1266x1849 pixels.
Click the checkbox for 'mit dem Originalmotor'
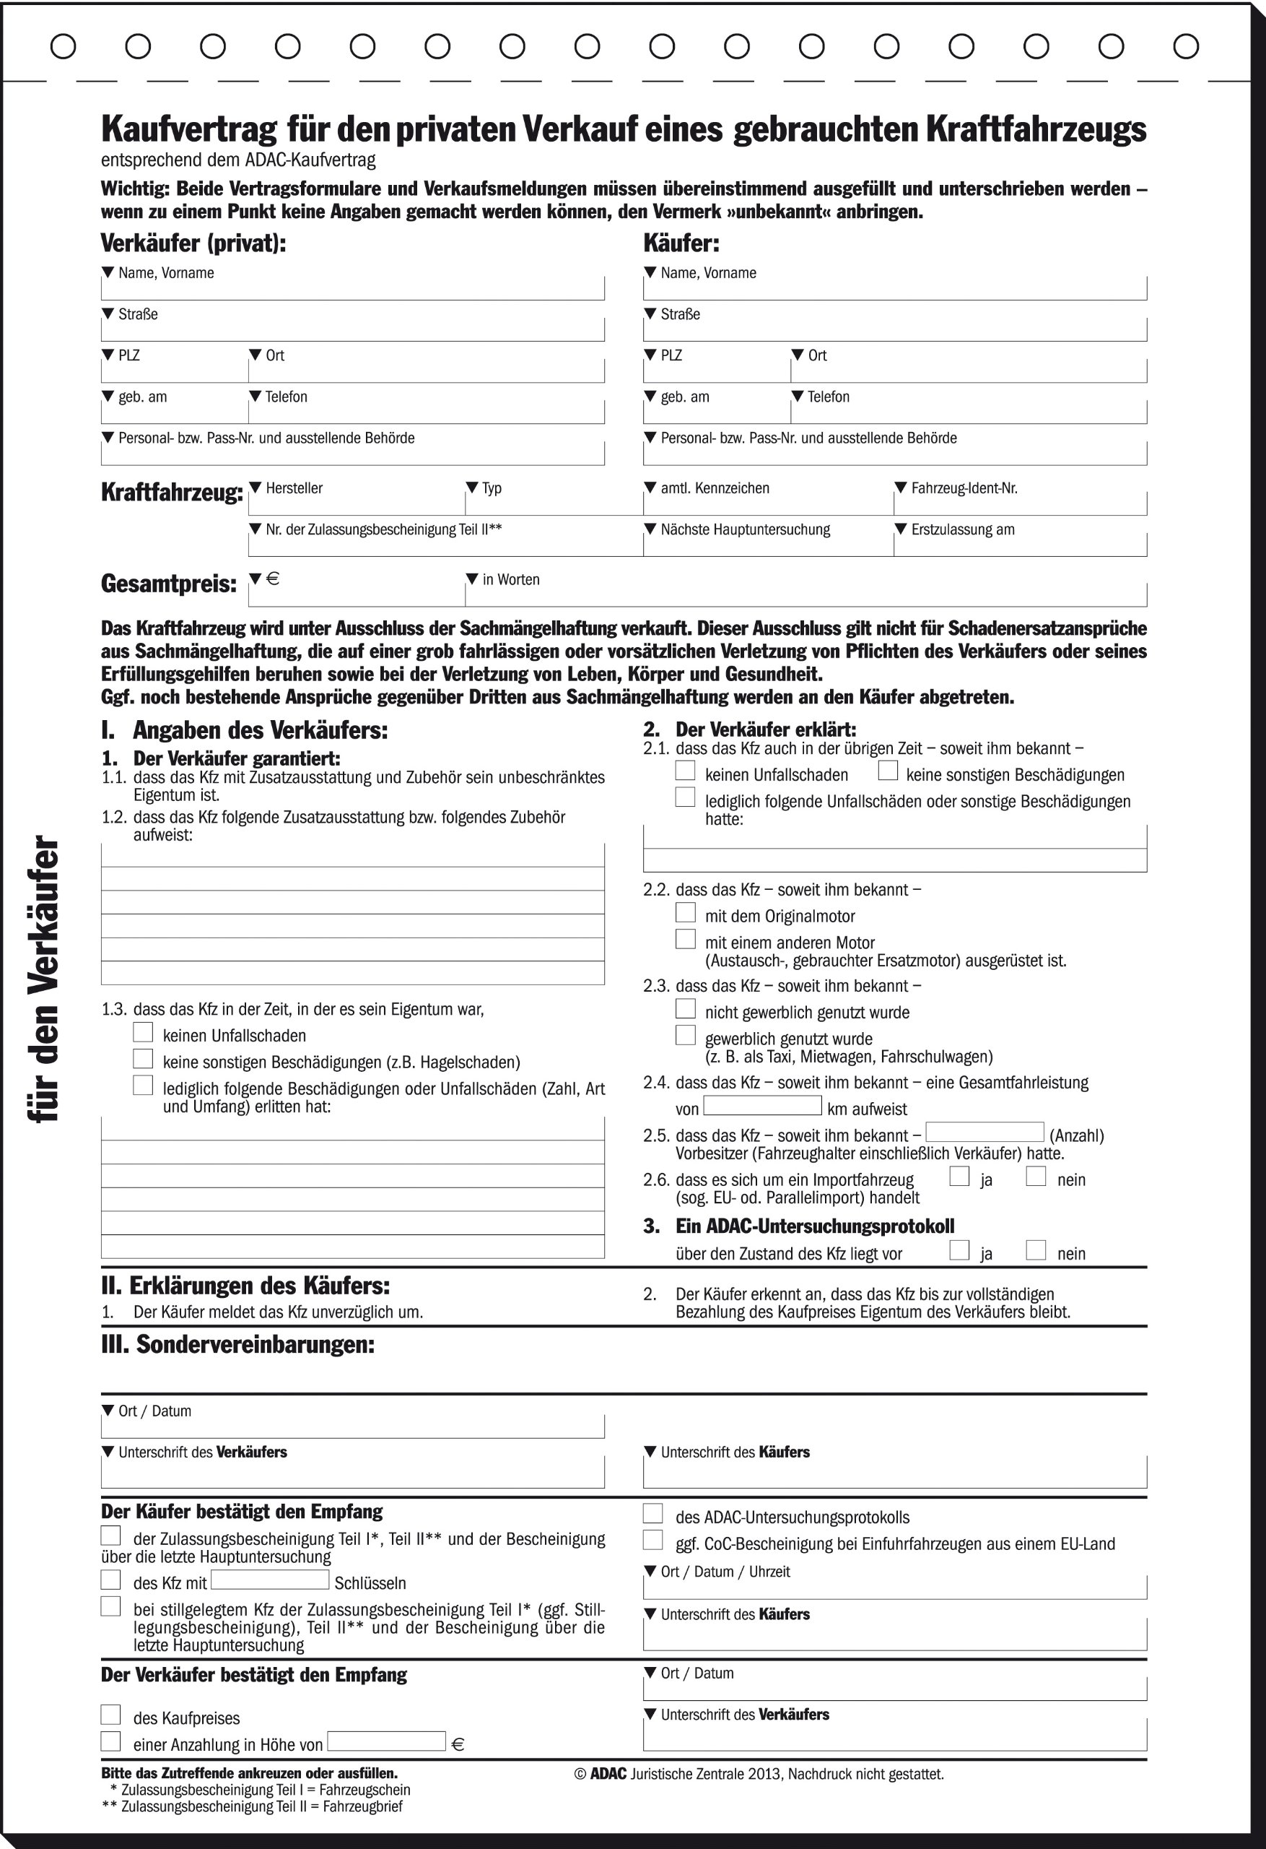(x=685, y=912)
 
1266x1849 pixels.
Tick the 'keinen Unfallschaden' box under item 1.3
(x=143, y=1032)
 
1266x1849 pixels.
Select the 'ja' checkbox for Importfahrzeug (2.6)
(x=960, y=1176)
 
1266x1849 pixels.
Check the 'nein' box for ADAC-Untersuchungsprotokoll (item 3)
(x=1035, y=1250)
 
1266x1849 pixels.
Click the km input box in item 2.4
(x=761, y=1105)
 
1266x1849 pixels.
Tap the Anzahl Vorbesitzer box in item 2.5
(x=985, y=1131)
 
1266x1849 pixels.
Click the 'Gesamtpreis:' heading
(x=169, y=584)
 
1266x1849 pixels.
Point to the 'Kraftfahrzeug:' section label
(x=172, y=493)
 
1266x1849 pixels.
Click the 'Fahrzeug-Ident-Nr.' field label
(x=964, y=488)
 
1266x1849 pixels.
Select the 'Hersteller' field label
(x=294, y=488)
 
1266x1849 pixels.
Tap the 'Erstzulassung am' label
(x=962, y=529)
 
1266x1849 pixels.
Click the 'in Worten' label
(x=510, y=579)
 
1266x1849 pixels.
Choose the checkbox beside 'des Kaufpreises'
(x=111, y=1714)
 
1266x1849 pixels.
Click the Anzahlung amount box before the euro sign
(x=386, y=1741)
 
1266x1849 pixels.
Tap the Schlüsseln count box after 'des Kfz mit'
(x=271, y=1580)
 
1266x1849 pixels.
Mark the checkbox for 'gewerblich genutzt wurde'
(x=685, y=1035)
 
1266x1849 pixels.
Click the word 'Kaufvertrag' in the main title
(x=189, y=129)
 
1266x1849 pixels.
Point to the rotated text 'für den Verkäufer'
(x=44, y=979)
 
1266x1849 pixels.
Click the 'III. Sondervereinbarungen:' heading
(x=237, y=1345)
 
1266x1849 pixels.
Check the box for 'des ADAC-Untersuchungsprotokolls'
(x=653, y=1512)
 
